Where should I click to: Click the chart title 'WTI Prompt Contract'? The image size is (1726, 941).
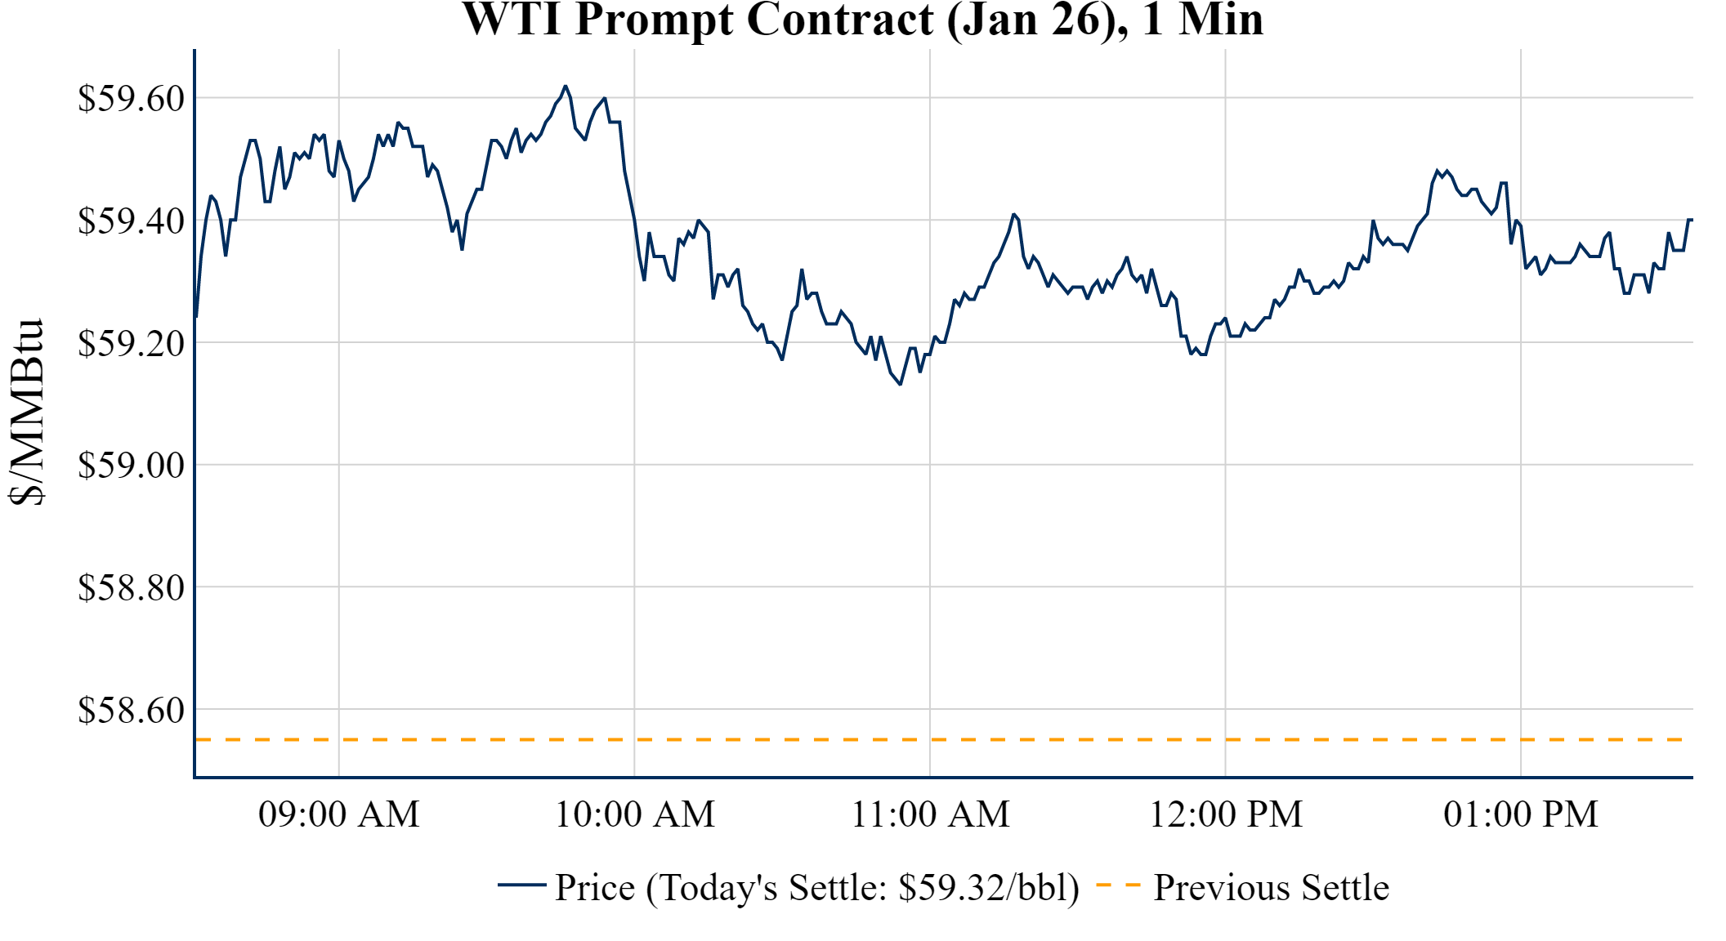pos(862,20)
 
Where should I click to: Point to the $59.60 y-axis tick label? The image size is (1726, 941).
pos(131,99)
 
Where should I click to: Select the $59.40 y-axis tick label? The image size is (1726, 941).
pos(131,221)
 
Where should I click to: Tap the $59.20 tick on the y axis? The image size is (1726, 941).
pos(131,344)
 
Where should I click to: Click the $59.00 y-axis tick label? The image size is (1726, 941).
pos(131,466)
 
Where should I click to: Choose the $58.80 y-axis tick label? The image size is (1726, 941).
pos(131,588)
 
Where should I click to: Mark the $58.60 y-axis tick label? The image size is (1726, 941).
pos(131,711)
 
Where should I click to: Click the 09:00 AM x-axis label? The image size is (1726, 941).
pos(339,814)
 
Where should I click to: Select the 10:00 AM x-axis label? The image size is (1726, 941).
pos(635,814)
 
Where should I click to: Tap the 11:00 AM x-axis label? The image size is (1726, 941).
pos(930,814)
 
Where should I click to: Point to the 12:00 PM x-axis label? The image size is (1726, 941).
pos(1226,814)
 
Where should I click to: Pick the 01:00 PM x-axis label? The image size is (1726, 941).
pos(1521,814)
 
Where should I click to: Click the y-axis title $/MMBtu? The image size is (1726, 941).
pos(26,413)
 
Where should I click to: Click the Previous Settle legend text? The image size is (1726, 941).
pos(1271,888)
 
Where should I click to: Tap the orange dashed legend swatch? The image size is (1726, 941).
pos(1117,885)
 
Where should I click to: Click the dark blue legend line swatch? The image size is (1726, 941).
pos(521,885)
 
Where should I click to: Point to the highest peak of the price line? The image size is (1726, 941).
pos(565,86)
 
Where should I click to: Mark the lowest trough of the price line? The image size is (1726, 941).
pos(901,384)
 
